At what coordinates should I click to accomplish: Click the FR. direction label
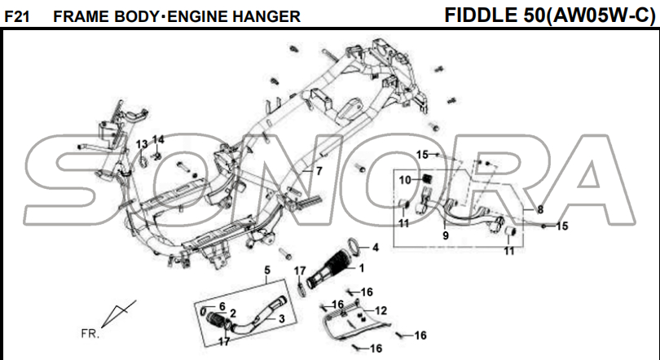coord(90,334)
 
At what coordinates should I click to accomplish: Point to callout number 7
coord(319,171)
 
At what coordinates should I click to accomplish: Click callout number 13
coord(142,144)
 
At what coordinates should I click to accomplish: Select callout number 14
coord(158,140)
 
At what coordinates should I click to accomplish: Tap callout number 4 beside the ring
coord(375,248)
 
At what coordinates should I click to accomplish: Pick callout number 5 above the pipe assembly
coord(266,270)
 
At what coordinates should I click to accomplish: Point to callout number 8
coord(539,209)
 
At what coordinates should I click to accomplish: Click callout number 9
coord(445,235)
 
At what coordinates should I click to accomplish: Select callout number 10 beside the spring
coord(405,179)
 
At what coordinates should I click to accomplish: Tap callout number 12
coord(381,310)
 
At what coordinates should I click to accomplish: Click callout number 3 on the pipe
coord(281,318)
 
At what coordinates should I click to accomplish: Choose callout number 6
coord(221,305)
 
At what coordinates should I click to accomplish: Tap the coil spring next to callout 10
coord(426,179)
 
